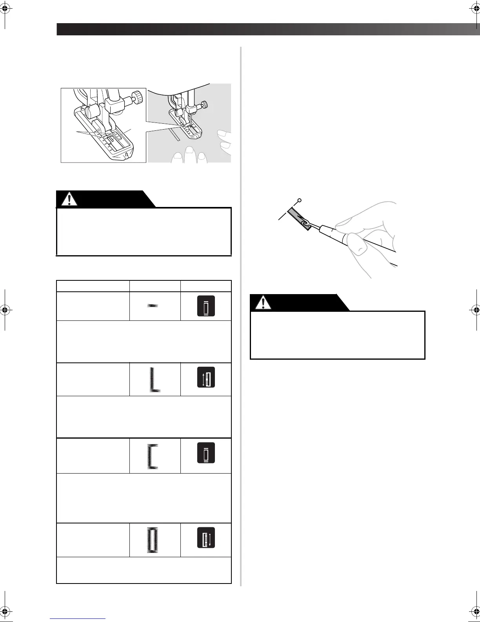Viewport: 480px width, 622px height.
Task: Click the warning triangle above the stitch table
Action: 70,199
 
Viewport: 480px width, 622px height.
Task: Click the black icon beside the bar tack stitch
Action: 206,306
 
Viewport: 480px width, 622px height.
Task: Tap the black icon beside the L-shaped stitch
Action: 206,379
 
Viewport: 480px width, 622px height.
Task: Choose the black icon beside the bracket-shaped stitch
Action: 206,455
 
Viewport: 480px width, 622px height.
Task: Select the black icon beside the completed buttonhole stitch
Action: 206,540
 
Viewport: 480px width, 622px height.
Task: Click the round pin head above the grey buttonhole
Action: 300,201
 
